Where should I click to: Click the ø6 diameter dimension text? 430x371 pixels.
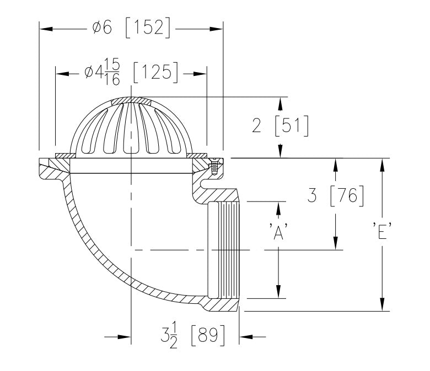(x=103, y=28)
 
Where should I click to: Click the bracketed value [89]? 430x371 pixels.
(x=208, y=336)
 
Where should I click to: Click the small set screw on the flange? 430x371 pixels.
(x=215, y=165)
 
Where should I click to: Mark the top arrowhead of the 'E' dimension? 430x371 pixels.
(x=381, y=162)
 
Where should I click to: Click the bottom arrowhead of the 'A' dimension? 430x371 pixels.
(x=279, y=294)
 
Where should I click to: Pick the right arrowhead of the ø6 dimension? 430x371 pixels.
(x=219, y=28)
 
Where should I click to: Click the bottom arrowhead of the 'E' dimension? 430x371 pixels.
(x=381, y=307)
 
